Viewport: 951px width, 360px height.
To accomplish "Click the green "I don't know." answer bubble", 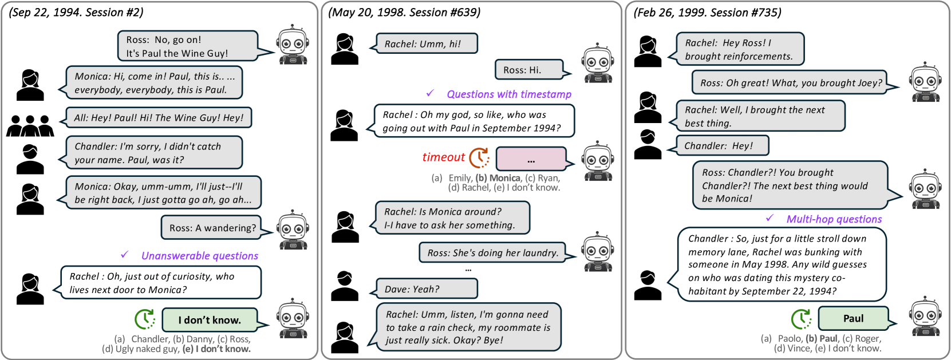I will (x=209, y=320).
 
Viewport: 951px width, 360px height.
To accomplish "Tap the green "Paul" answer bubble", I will (x=853, y=319).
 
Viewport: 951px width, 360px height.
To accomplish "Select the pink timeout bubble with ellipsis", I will (x=531, y=159).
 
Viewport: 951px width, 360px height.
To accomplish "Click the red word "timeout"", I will (x=443, y=157).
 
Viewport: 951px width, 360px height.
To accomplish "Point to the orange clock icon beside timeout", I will (x=479, y=157).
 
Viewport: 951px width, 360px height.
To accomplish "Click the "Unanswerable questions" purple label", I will (x=199, y=256).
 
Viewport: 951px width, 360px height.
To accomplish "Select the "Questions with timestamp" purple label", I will (x=509, y=94).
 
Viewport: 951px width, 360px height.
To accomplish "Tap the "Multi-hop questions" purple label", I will (x=834, y=219).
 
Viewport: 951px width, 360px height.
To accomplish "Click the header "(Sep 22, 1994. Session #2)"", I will (x=76, y=13).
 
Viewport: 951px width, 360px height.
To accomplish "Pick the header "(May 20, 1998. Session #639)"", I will (x=404, y=13).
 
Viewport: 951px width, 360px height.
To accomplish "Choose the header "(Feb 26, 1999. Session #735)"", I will (x=707, y=13).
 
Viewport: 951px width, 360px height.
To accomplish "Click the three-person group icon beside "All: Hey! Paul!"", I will (x=30, y=125).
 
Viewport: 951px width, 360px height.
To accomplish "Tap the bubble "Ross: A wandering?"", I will (x=212, y=228).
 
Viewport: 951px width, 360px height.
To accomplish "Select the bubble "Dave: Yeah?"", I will (x=426, y=289).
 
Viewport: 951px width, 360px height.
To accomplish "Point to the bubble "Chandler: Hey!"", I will (x=721, y=146).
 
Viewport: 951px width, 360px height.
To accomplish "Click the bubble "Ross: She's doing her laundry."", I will (x=492, y=253).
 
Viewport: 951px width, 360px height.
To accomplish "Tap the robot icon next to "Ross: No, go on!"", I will (x=293, y=45).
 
